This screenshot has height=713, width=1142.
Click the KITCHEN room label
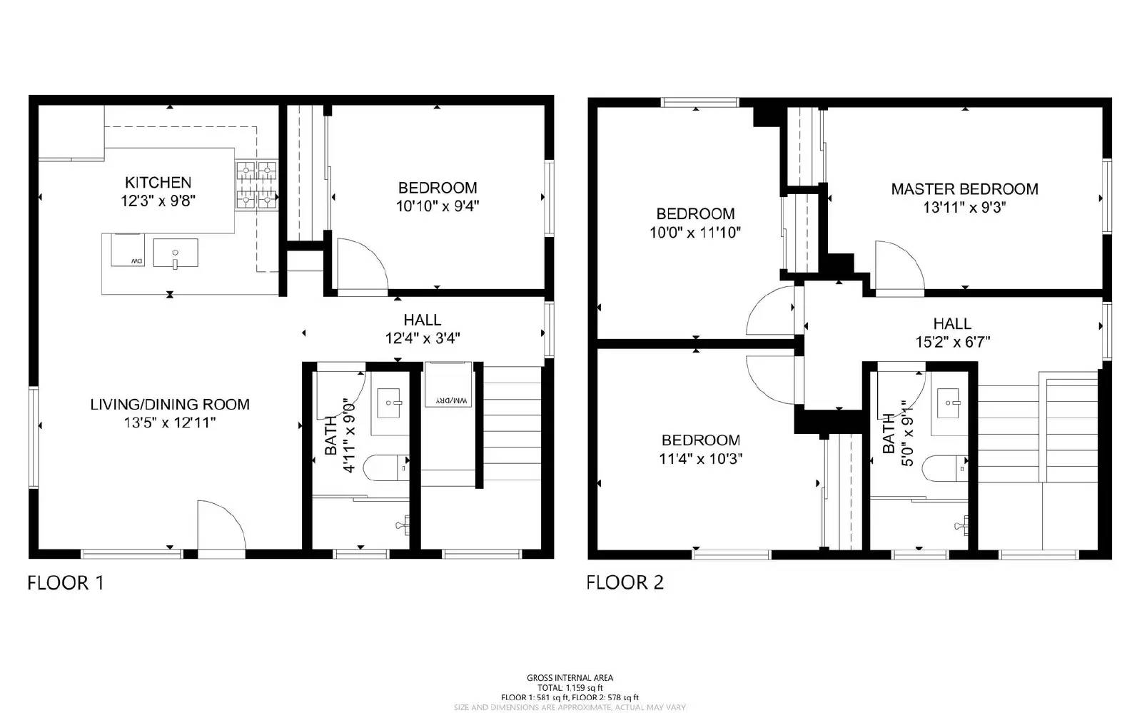(x=158, y=182)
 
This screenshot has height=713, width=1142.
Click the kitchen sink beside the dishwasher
(x=175, y=253)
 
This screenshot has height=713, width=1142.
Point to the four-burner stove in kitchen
(x=256, y=185)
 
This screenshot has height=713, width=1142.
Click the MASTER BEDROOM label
(x=964, y=189)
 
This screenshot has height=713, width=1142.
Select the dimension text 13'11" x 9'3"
(x=964, y=208)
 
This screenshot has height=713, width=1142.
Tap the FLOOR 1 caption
(x=66, y=583)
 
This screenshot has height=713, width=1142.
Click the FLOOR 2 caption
(x=625, y=582)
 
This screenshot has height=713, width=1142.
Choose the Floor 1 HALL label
(x=422, y=320)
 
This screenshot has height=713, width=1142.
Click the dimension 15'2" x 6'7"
(x=952, y=343)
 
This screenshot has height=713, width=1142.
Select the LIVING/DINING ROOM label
(x=170, y=405)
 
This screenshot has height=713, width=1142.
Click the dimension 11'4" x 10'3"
(x=700, y=459)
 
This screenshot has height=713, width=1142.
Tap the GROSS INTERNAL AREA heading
(x=570, y=678)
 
